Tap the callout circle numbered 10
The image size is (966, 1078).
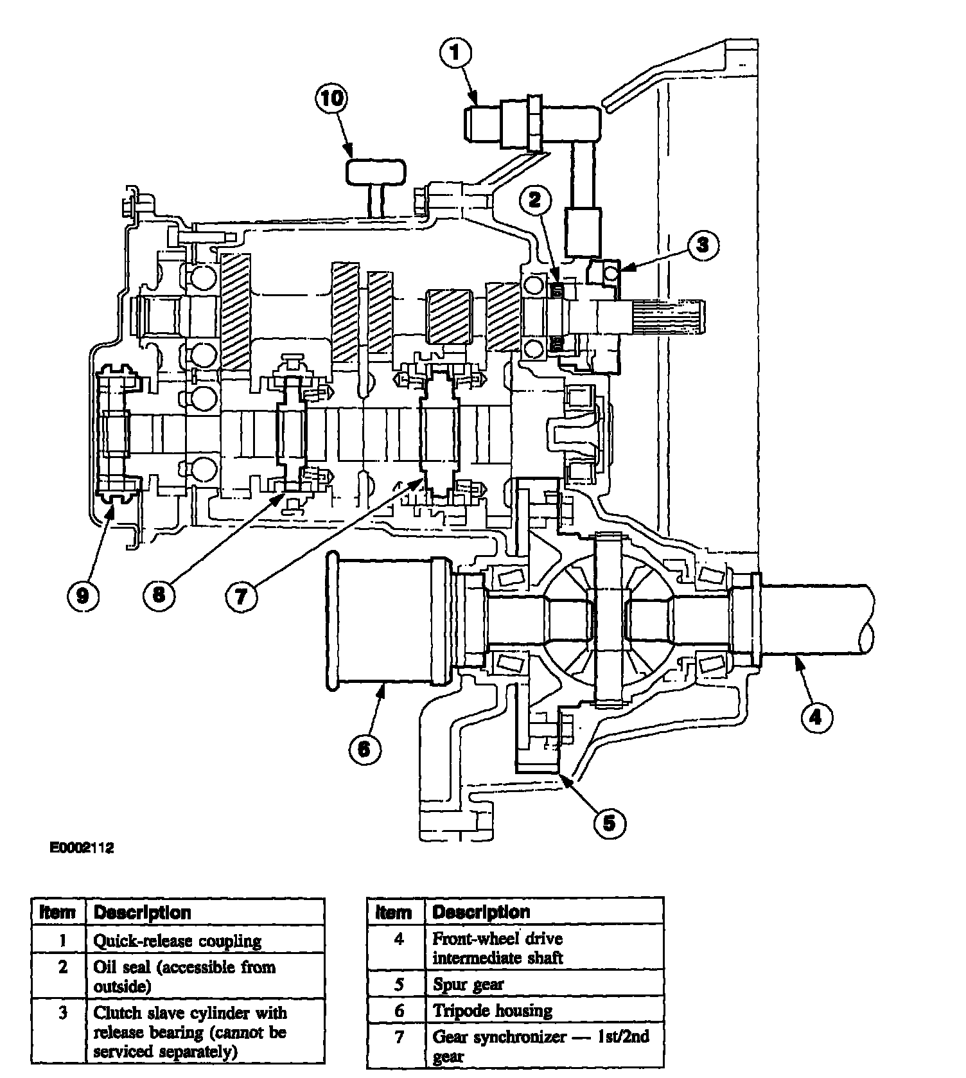point(331,100)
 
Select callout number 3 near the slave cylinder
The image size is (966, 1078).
point(703,245)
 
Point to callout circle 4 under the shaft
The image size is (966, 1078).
point(816,716)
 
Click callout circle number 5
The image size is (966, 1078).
point(609,822)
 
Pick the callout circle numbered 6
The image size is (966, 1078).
point(364,748)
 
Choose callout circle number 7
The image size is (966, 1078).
point(241,597)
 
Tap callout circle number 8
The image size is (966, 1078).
point(159,594)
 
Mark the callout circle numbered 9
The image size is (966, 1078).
point(83,596)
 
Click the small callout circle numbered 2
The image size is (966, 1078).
point(535,200)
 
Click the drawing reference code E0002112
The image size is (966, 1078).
point(82,848)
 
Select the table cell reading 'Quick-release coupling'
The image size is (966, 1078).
point(178,941)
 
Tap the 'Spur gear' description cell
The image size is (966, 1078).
point(468,984)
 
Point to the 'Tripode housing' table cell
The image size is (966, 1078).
point(493,1011)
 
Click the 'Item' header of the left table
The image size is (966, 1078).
point(58,913)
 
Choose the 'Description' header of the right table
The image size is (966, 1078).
point(481,912)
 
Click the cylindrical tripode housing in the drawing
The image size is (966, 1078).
point(385,621)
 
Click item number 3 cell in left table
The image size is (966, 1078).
point(63,1013)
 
